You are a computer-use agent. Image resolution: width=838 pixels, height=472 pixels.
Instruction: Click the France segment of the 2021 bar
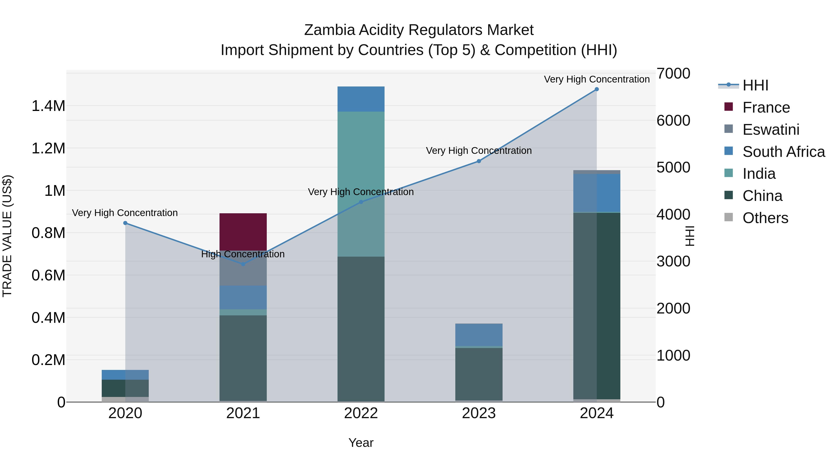243,232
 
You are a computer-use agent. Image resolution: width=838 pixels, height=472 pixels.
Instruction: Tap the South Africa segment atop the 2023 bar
479,334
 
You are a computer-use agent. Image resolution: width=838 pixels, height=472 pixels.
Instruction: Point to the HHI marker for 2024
596,89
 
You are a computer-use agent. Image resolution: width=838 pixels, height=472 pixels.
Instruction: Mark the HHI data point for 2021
243,264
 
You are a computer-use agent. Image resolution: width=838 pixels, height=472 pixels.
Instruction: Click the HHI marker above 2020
125,223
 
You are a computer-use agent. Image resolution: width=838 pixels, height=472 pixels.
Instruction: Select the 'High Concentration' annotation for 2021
243,254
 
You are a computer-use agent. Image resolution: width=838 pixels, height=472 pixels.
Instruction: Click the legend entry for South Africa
783,152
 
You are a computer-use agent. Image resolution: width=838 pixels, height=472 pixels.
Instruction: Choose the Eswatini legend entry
771,130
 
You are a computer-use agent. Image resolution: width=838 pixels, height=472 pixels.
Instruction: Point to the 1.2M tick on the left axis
48,148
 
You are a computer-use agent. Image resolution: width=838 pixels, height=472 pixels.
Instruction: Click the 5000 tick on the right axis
673,167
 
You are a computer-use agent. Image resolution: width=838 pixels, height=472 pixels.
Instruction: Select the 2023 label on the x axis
479,413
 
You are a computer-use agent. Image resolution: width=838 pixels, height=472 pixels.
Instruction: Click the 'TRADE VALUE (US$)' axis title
7,236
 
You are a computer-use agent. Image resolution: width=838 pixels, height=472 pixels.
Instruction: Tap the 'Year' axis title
361,443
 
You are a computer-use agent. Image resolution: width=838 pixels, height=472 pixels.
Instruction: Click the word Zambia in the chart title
329,30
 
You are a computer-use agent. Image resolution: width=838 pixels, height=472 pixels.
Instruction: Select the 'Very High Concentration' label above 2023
479,151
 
